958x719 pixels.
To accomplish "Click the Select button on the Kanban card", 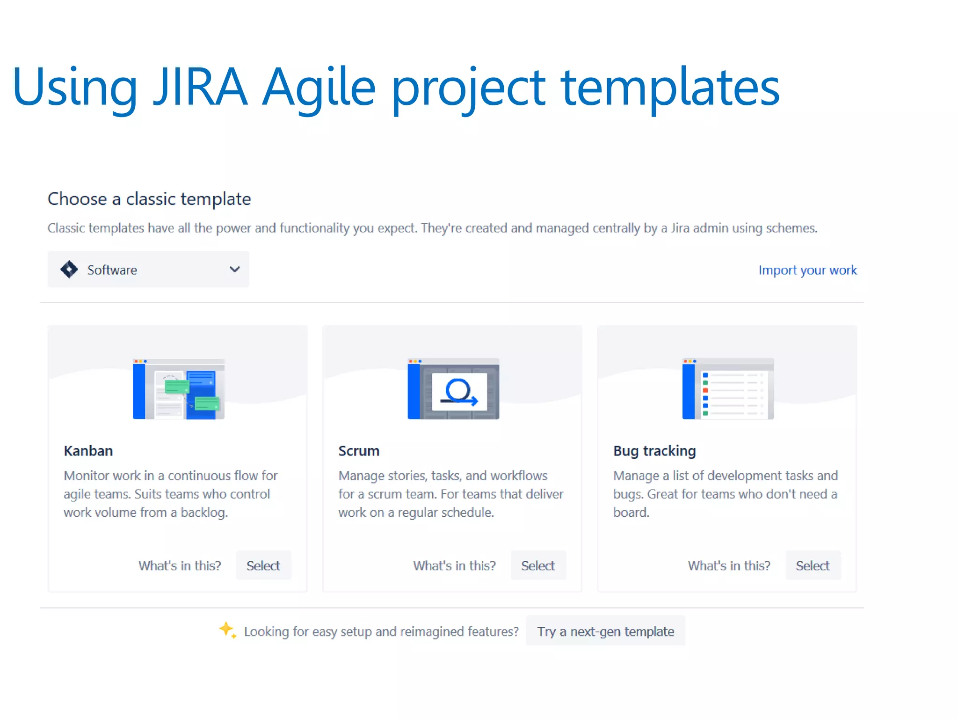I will click(x=263, y=565).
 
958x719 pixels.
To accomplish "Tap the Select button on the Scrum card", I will click(x=538, y=565).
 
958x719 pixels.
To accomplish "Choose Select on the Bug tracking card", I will click(x=813, y=565).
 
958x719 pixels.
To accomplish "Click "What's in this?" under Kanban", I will click(x=180, y=565).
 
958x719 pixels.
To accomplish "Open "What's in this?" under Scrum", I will click(x=454, y=565).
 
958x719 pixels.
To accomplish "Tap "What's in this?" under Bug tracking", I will click(x=729, y=565).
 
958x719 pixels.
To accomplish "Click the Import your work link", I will click(x=807, y=270).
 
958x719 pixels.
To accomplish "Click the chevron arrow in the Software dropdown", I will click(x=235, y=269).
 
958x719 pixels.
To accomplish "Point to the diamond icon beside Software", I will click(x=69, y=269).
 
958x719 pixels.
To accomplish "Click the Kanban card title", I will click(x=88, y=451).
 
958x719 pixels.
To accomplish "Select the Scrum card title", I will click(x=359, y=451).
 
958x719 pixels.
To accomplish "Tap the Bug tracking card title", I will click(x=654, y=451).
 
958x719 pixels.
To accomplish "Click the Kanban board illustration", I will click(x=179, y=389).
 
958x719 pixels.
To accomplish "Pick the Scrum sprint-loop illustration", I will click(x=453, y=389).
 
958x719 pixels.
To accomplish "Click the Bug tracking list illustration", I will click(x=728, y=389).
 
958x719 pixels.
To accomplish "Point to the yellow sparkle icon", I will click(x=227, y=630).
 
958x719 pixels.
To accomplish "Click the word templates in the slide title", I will click(x=670, y=87).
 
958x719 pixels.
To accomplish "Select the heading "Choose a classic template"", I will click(x=149, y=199).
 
